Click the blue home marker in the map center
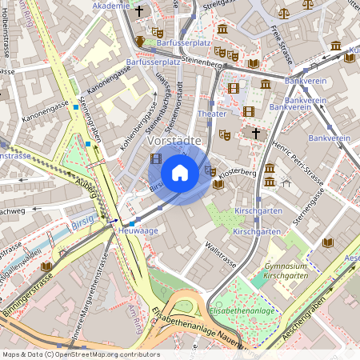(180, 172)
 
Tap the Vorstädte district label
(173, 140)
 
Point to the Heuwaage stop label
(134, 230)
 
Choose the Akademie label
(111, 6)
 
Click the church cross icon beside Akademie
(140, 11)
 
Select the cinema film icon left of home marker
(155, 158)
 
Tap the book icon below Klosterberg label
(218, 184)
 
